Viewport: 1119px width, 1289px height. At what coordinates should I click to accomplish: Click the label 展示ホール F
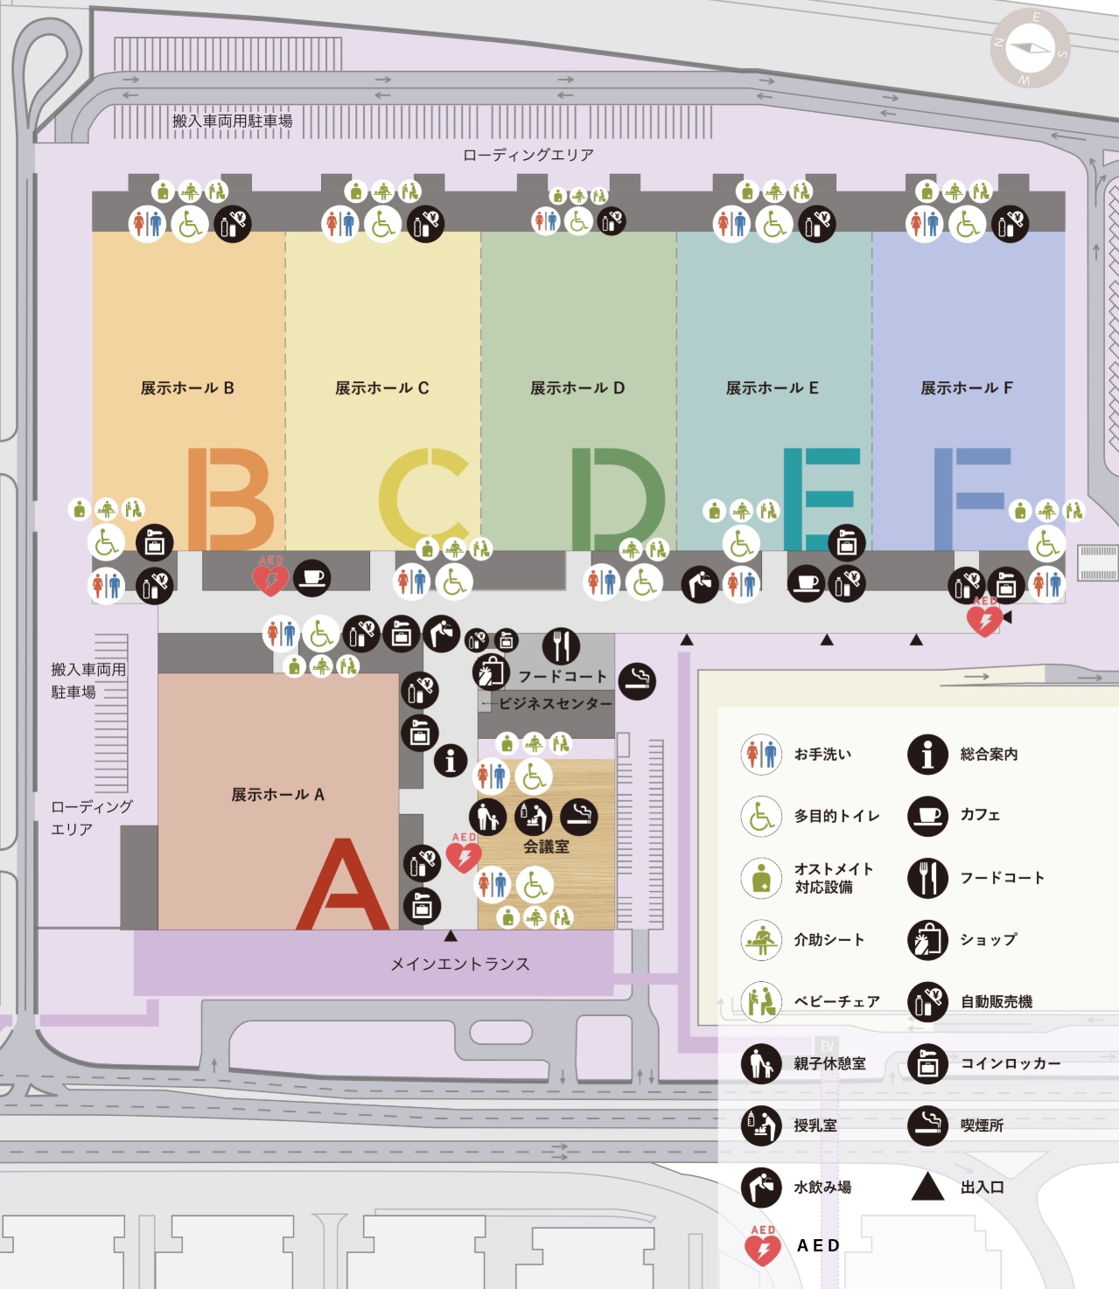(x=967, y=388)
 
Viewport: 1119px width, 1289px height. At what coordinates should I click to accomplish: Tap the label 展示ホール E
(x=772, y=388)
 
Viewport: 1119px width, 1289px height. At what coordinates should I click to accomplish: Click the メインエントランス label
(x=460, y=964)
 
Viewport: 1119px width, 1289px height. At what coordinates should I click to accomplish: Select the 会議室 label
(x=546, y=847)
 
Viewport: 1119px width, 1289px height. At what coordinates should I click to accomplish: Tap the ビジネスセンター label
(x=555, y=704)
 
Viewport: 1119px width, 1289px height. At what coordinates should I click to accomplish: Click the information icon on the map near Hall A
(x=451, y=761)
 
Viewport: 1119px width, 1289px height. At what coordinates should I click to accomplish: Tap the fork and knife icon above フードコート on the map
(x=561, y=645)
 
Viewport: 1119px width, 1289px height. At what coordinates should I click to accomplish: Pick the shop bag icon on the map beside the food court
(x=491, y=672)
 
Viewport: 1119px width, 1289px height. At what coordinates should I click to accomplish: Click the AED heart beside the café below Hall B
(x=270, y=578)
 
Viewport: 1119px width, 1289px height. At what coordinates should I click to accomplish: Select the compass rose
(x=1030, y=48)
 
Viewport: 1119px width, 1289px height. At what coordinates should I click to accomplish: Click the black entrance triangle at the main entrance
(x=451, y=937)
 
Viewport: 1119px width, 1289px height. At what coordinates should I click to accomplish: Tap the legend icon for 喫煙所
(x=927, y=1125)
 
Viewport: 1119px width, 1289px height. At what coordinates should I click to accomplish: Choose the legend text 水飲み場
(x=822, y=1188)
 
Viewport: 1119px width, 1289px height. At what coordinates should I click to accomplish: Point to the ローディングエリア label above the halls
(x=528, y=155)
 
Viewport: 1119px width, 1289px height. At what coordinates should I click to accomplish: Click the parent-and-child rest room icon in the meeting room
(x=487, y=817)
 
